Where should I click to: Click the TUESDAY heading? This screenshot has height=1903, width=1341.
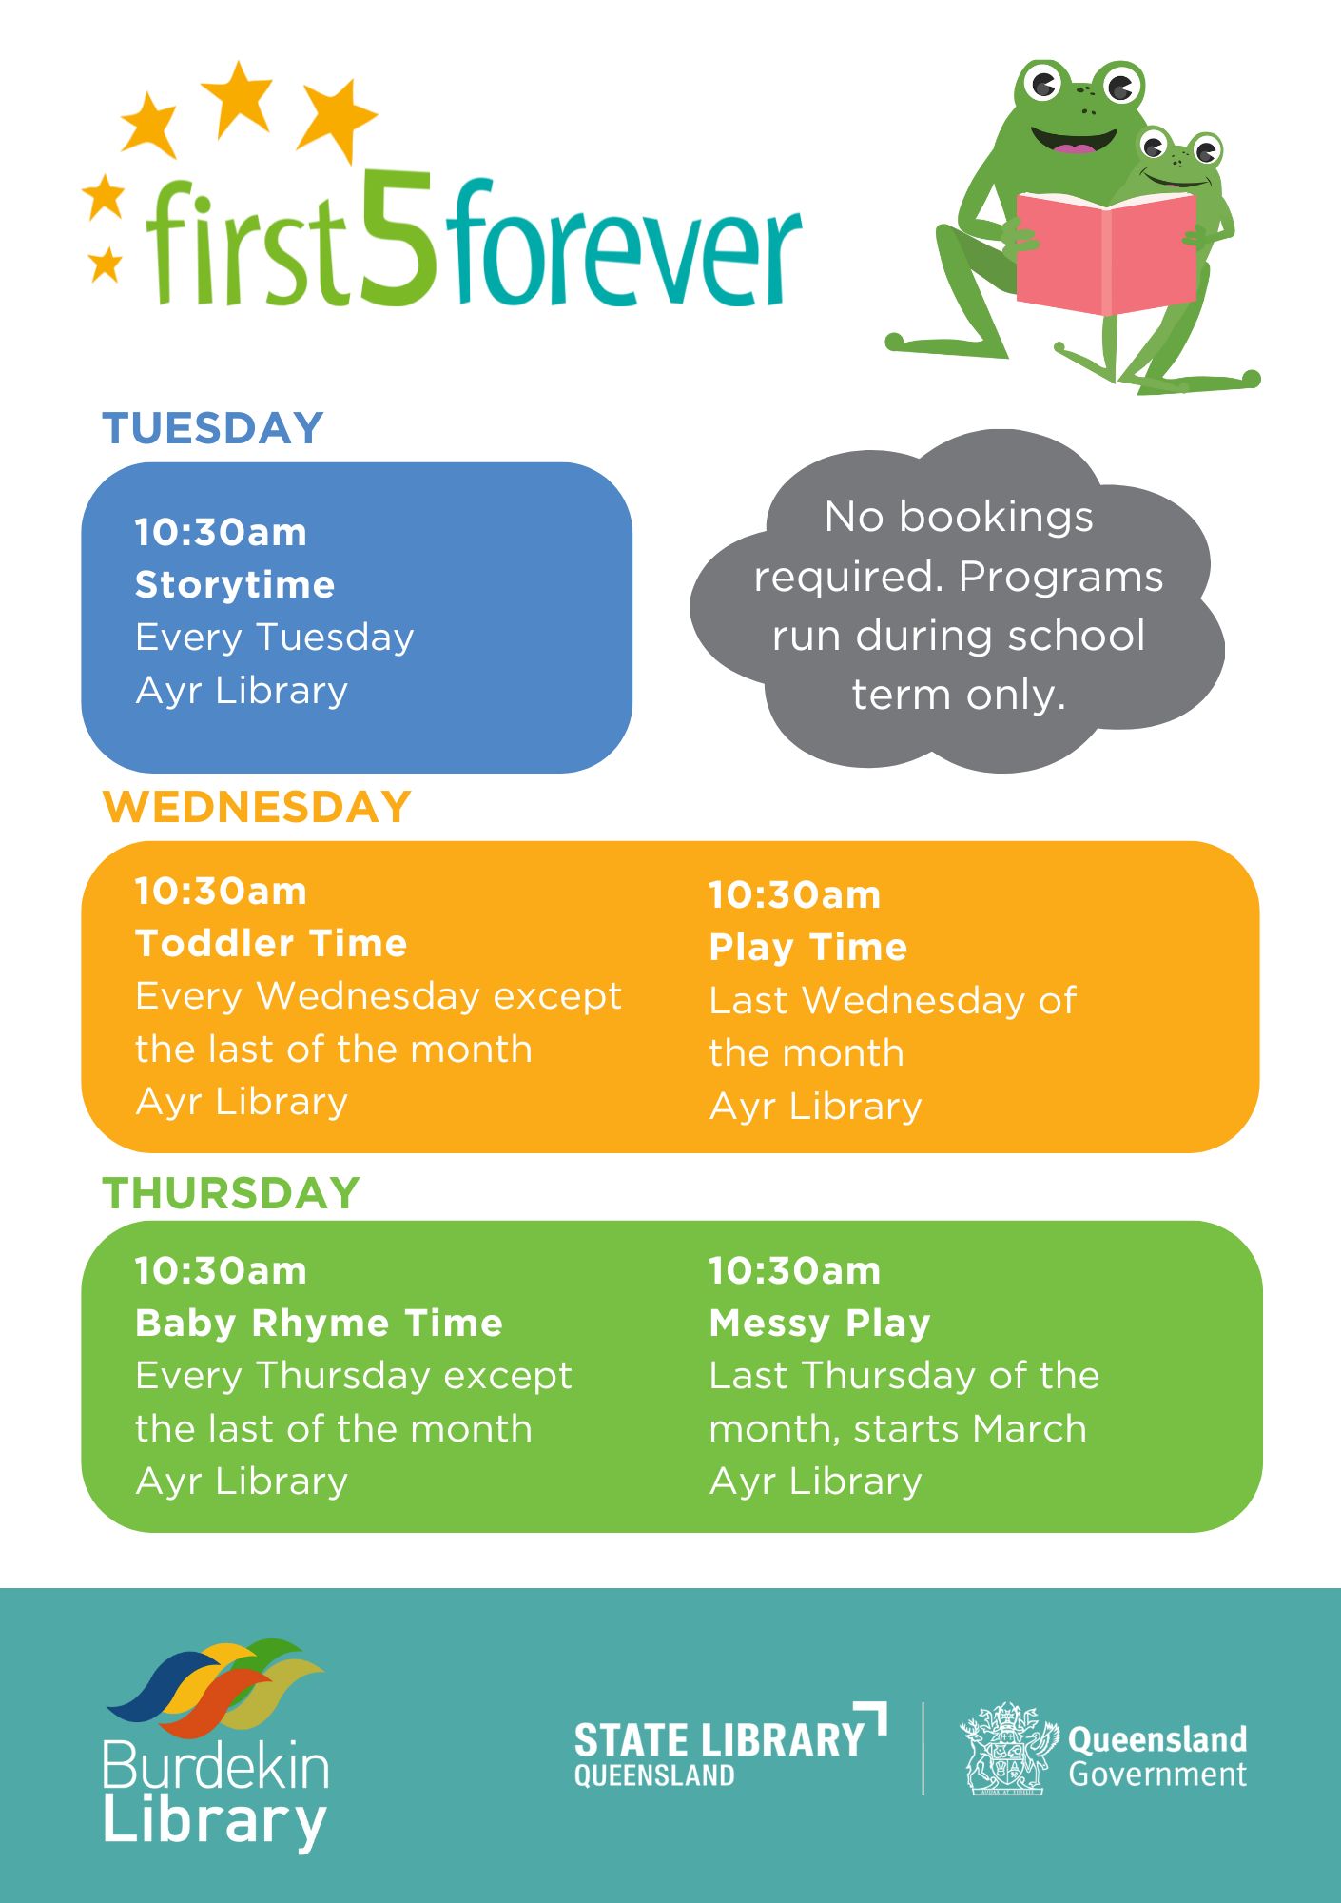[213, 428]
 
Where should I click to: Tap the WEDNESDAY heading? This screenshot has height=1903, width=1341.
[257, 807]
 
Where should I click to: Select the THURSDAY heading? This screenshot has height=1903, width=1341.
[231, 1193]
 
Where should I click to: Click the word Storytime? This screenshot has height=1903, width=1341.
[235, 584]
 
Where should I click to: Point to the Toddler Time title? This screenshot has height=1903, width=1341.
[271, 943]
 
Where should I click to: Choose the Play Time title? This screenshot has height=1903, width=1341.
[808, 948]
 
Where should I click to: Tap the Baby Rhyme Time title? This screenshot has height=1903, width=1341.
[319, 1323]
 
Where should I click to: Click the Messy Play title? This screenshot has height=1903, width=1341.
[820, 1323]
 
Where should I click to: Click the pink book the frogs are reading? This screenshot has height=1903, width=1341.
[1105, 252]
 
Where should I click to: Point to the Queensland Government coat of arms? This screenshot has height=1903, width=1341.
[1008, 1749]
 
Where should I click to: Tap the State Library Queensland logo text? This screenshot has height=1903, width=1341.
[729, 1747]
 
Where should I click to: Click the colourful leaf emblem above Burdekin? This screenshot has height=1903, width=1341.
[215, 1685]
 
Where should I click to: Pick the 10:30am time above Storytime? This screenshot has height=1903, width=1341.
[221, 532]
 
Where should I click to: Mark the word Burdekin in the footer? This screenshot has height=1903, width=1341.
[217, 1766]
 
